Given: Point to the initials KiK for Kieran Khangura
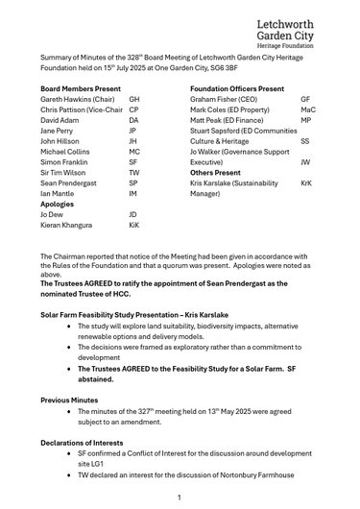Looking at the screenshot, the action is (x=134, y=224).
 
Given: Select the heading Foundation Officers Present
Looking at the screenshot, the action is (x=237, y=87).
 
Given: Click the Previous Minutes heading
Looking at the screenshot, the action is (x=69, y=400).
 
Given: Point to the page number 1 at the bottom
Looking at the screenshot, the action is (x=180, y=497).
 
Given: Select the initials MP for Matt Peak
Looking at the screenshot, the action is (x=305, y=123).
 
